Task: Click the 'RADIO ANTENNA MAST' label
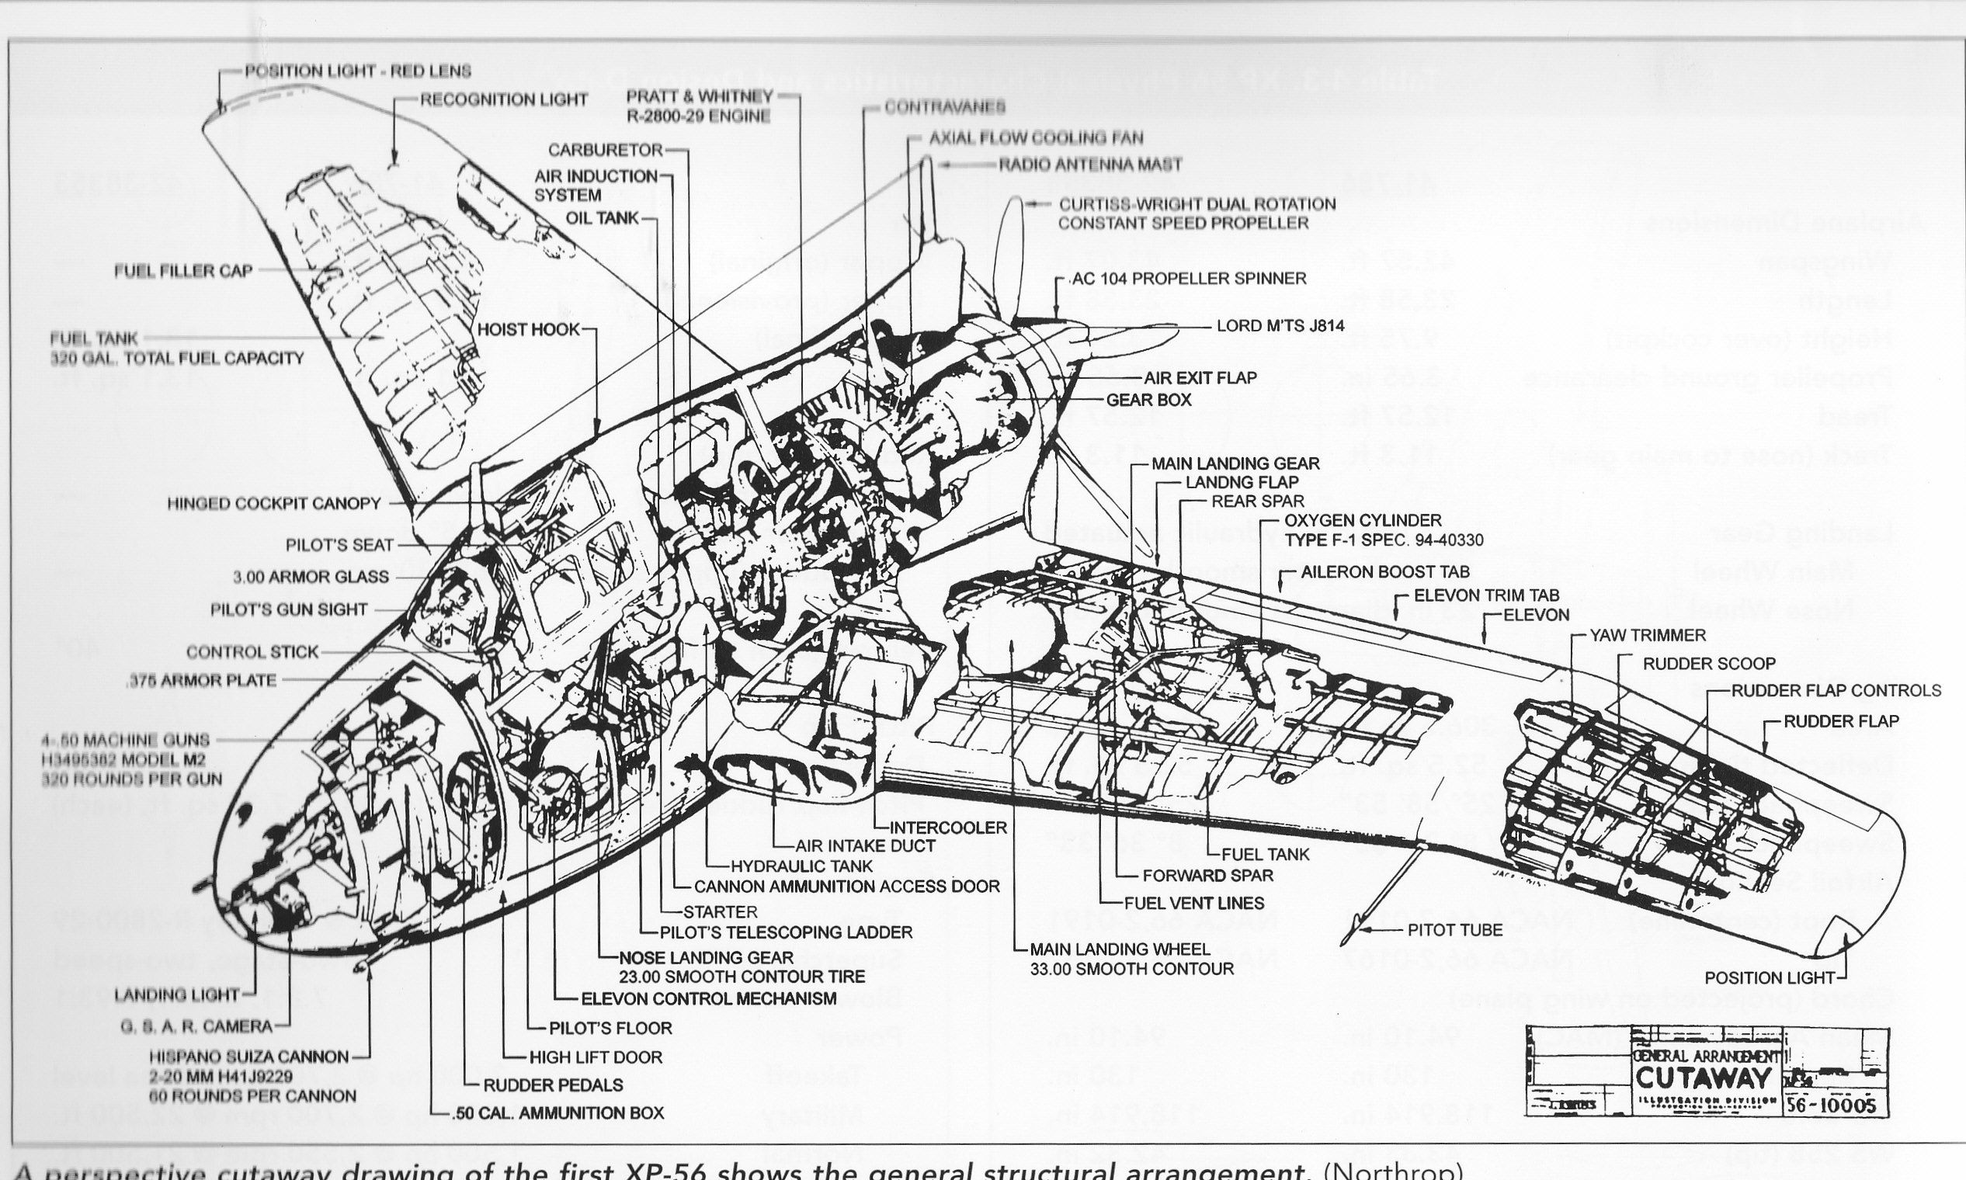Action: (x=1089, y=165)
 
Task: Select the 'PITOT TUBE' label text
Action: (x=1454, y=929)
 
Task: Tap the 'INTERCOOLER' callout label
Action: (x=948, y=827)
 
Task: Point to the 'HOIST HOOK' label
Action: (x=528, y=329)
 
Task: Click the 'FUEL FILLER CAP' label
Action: (x=183, y=271)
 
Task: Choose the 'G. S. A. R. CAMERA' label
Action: (x=196, y=1026)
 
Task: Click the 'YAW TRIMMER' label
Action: (x=1647, y=635)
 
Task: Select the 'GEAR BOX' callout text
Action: (x=1148, y=400)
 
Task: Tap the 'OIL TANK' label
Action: (x=602, y=218)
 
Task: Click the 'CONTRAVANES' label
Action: (x=945, y=106)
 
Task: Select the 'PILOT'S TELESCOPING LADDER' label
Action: (x=786, y=932)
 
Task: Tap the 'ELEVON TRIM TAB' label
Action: (x=1486, y=595)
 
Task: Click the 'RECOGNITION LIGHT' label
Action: (x=503, y=99)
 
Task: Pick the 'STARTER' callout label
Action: (x=720, y=912)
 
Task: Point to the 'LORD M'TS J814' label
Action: (x=1280, y=326)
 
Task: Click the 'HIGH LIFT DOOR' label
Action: (x=595, y=1057)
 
